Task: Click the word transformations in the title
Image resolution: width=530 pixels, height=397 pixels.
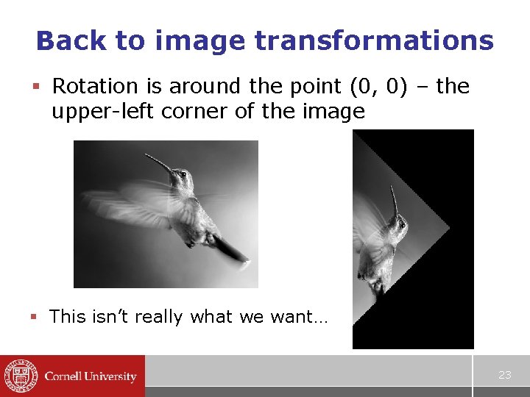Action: coord(373,40)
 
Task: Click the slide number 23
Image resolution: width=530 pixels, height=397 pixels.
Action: coord(504,375)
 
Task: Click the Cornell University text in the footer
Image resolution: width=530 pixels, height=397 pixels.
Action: coord(91,376)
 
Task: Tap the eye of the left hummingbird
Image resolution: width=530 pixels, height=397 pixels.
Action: coord(182,174)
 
